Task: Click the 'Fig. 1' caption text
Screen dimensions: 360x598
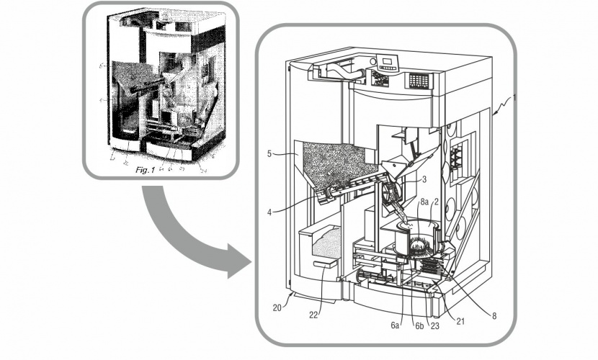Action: tap(151, 171)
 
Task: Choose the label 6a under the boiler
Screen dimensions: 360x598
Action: tap(395, 325)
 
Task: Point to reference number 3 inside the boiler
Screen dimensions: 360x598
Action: tap(425, 179)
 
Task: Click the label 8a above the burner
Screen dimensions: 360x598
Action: tap(424, 204)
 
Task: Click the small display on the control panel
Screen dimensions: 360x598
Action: tap(390, 60)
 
